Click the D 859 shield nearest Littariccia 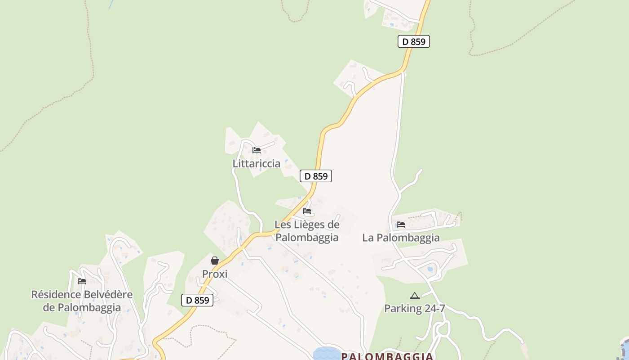[x=316, y=176]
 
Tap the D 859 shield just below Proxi [x=197, y=300]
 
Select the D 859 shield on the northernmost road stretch [x=414, y=41]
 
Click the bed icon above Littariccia [x=257, y=150]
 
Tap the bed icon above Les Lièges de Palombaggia [x=307, y=211]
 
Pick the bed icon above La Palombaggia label [x=401, y=224]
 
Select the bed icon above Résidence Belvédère [x=81, y=281]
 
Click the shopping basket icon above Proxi [x=215, y=261]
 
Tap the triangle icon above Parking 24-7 [x=414, y=296]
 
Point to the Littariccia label [x=257, y=163]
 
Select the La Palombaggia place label [x=401, y=238]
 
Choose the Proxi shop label [x=215, y=274]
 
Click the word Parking [x=403, y=309]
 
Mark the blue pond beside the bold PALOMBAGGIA [x=327, y=354]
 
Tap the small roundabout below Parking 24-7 [x=443, y=329]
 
